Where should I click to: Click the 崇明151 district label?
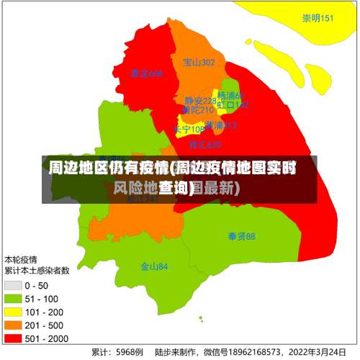tap(318, 19)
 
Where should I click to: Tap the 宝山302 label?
tap(199, 63)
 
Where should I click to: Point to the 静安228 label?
tap(199, 101)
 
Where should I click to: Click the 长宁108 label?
tap(189, 130)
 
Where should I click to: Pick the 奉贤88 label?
tap(241, 236)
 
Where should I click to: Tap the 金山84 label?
tap(154, 266)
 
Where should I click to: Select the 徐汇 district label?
tap(204, 145)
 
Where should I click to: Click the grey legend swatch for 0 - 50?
tap(14, 285)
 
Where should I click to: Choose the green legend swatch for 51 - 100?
tap(14, 298)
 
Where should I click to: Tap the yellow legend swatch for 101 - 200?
tap(14, 311)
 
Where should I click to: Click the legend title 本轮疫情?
tap(22, 259)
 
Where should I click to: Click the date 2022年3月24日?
tap(315, 353)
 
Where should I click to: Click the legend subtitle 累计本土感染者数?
tap(37, 271)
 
